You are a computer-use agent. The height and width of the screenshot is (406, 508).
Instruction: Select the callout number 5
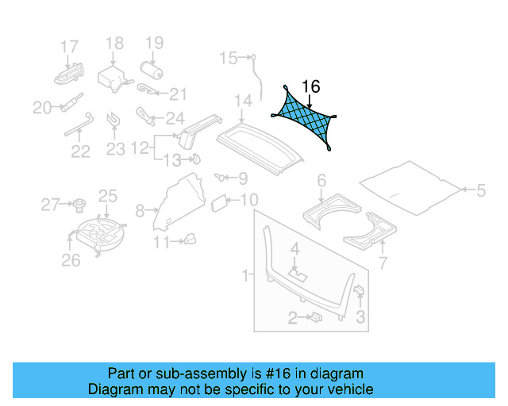point(480,190)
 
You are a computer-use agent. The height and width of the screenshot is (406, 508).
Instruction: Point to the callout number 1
point(246,275)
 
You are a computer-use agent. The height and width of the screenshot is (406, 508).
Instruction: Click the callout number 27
point(49,206)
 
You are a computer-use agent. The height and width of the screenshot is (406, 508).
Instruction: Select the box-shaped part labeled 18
point(110,79)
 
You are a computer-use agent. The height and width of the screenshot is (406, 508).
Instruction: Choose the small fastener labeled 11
point(190,239)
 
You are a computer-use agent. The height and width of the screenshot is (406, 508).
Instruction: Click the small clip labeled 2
point(315,317)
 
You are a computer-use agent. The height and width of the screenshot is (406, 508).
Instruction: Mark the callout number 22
point(80,151)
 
